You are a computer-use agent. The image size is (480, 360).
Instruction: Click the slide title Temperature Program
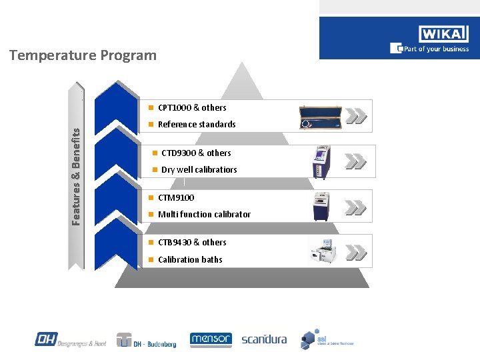pyautogui.click(x=83, y=55)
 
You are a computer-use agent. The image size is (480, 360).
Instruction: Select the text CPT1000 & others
pyautogui.click(x=192, y=107)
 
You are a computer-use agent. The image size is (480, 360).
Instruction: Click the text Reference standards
pyautogui.click(x=197, y=125)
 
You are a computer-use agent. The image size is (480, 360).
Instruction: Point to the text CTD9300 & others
pyautogui.click(x=196, y=153)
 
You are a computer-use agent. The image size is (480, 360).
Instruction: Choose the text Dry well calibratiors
pyautogui.click(x=199, y=170)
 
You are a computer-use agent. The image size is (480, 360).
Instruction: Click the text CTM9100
pyautogui.click(x=176, y=198)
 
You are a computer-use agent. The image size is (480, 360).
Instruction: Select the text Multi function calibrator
pyautogui.click(x=204, y=215)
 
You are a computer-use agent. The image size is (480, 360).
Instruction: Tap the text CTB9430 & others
pyautogui.click(x=192, y=243)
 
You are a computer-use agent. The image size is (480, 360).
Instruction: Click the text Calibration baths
pyautogui.click(x=190, y=260)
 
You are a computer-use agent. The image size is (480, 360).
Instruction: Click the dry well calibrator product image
pyautogui.click(x=321, y=161)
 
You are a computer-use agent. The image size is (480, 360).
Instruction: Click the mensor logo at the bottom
pyautogui.click(x=211, y=340)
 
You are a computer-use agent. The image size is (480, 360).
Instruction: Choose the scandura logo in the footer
pyautogui.click(x=264, y=339)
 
